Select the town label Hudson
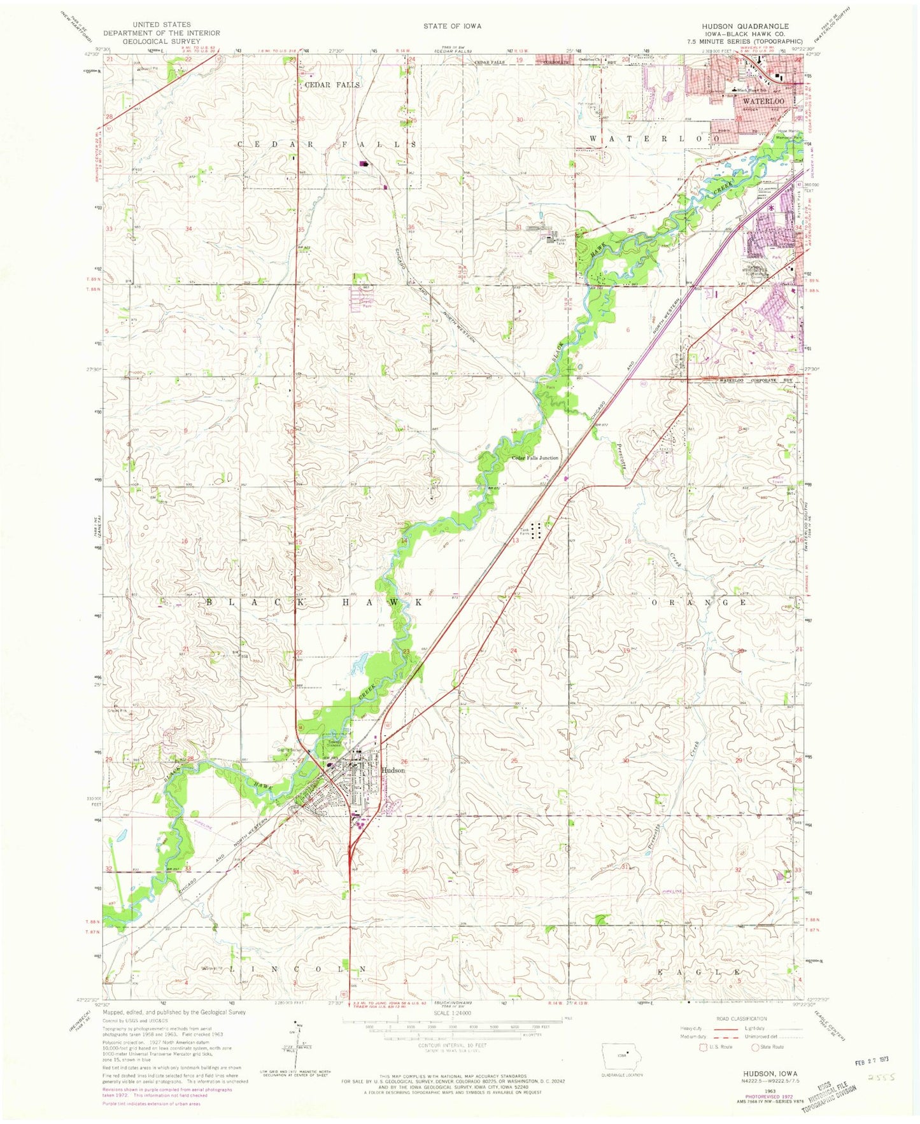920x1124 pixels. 393,770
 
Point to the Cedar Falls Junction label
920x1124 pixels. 535,458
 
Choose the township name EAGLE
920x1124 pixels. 700,973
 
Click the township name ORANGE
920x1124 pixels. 697,601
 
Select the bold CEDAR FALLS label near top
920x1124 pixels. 332,85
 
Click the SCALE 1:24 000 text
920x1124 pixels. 453,1013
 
